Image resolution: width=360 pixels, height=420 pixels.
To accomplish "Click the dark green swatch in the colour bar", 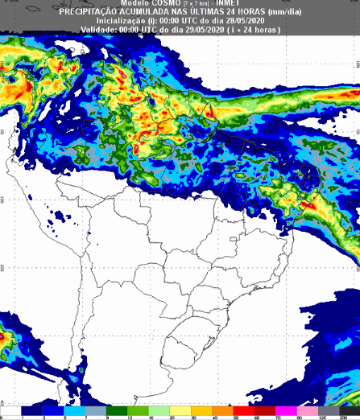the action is click(x=118, y=410).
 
